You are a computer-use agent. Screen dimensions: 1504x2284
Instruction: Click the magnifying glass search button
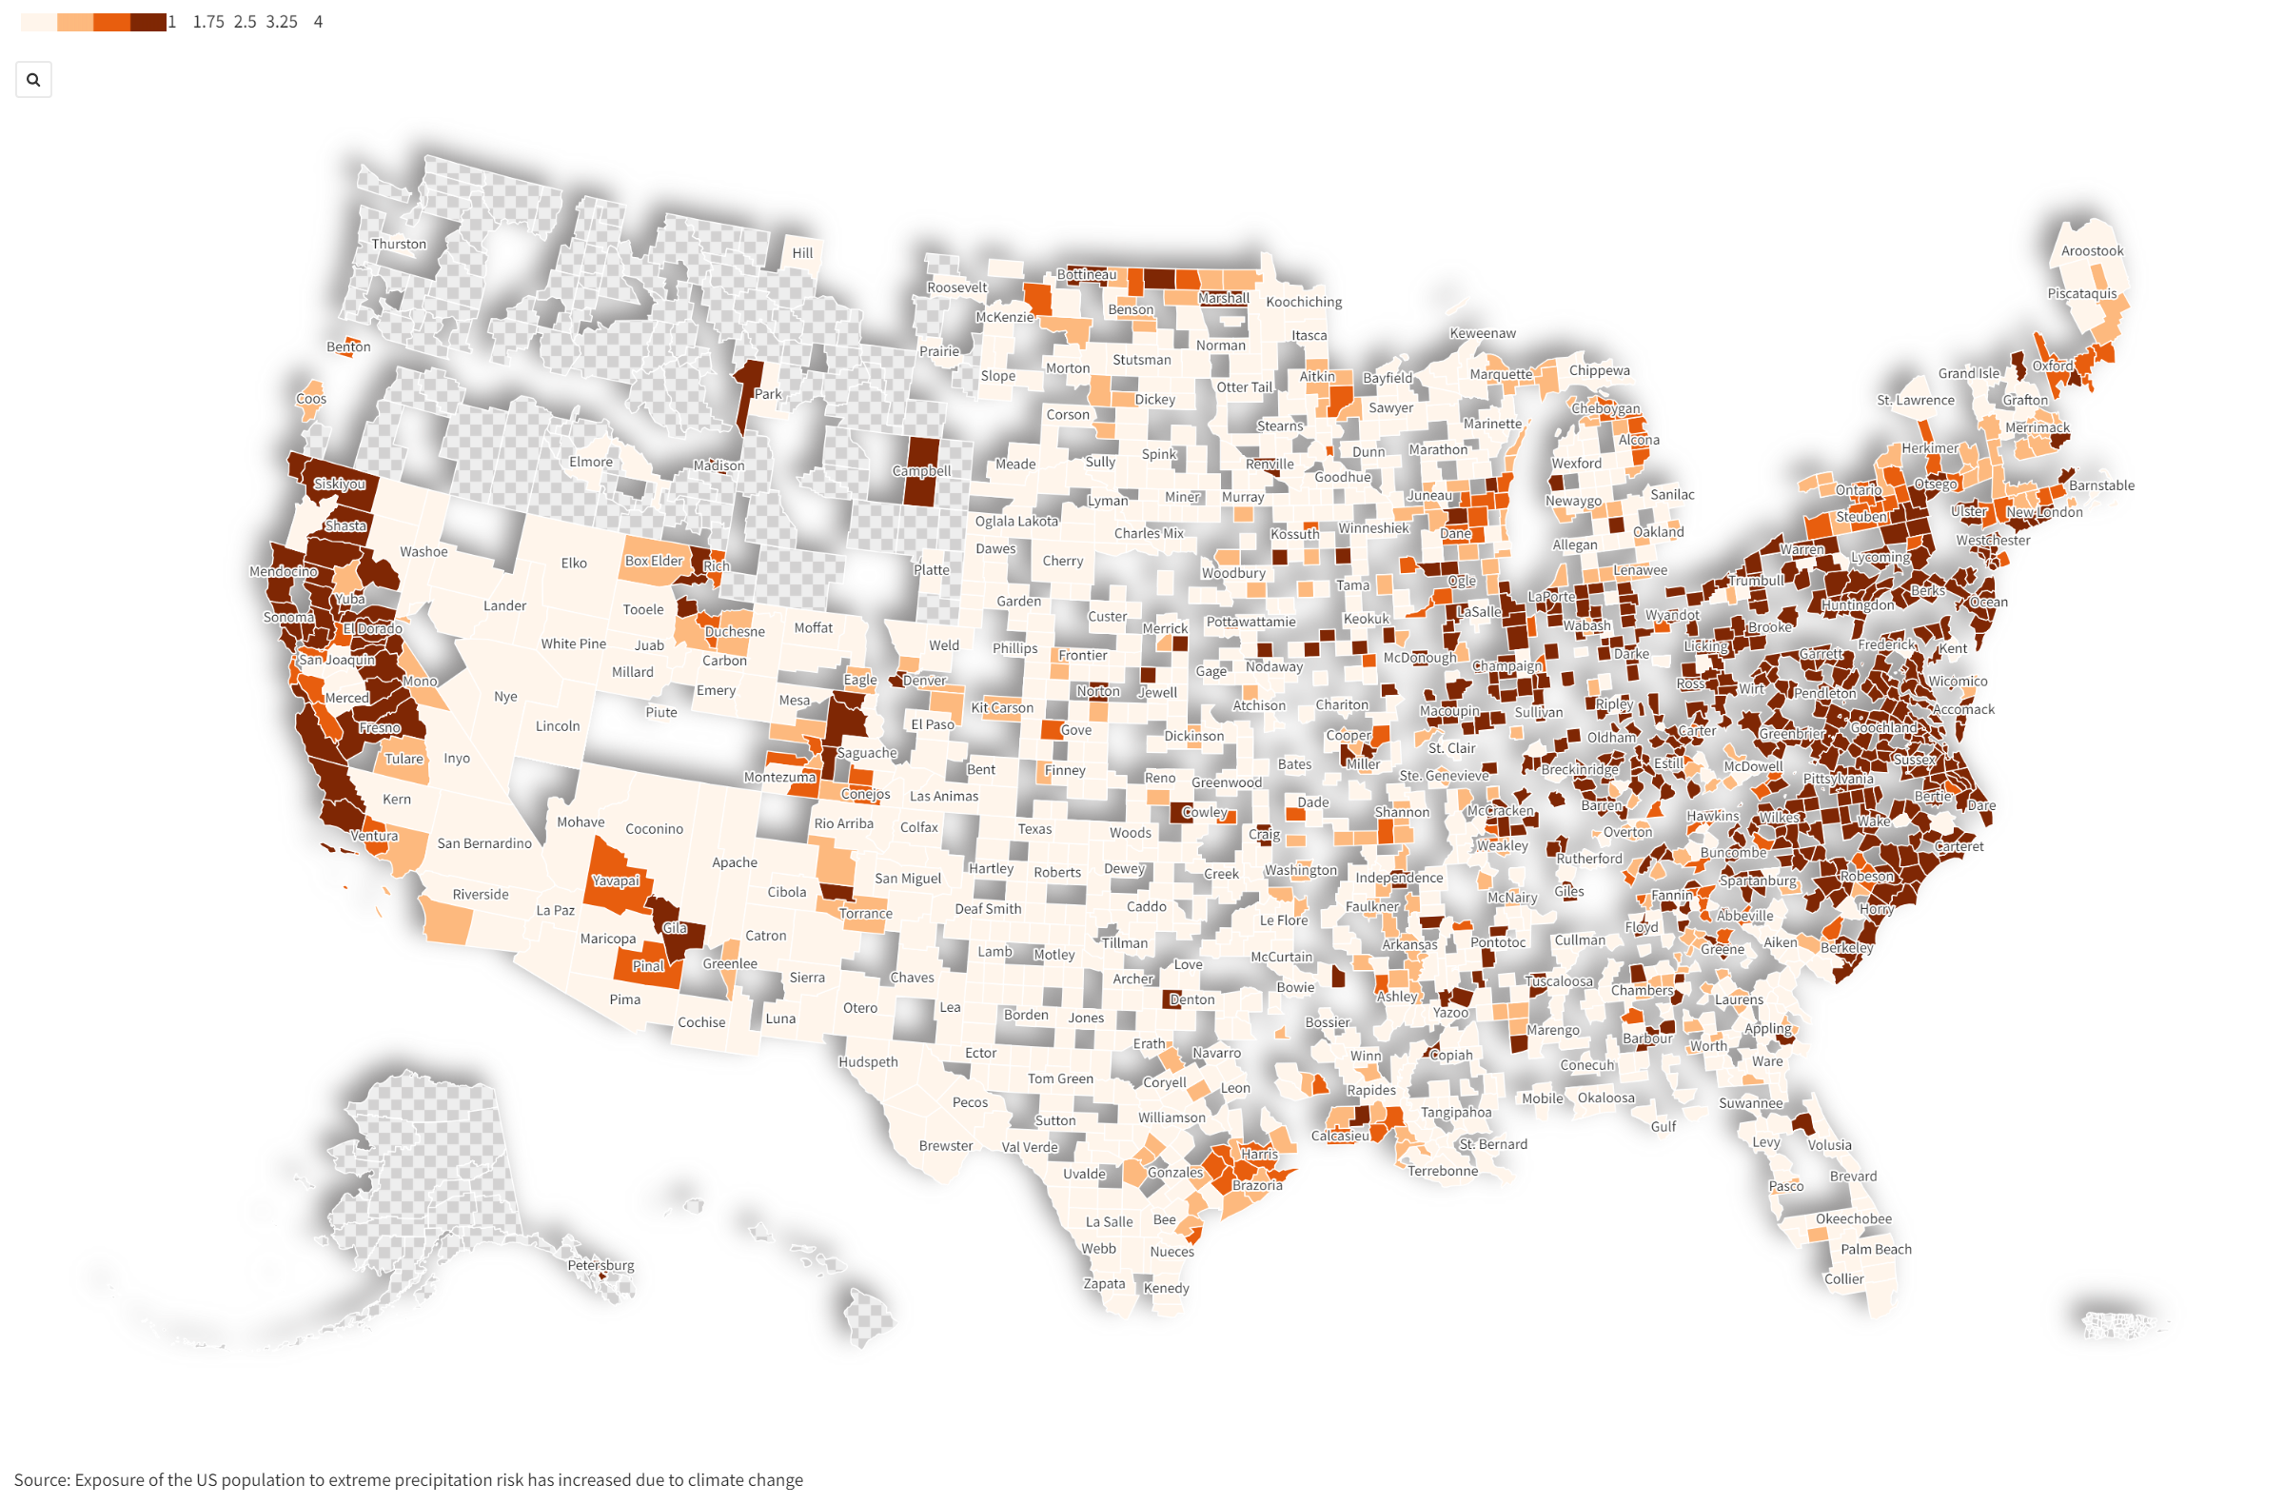pyautogui.click(x=33, y=80)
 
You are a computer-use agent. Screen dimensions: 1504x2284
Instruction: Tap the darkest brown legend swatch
pyautogui.click(x=148, y=22)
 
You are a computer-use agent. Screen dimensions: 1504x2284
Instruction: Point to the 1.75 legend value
pyautogui.click(x=208, y=22)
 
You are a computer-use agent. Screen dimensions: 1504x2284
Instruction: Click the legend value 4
pyautogui.click(x=318, y=22)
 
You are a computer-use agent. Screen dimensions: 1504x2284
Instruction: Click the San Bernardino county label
pyautogui.click(x=483, y=843)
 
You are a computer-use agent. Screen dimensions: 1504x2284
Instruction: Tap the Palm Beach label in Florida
pyautogui.click(x=1875, y=1249)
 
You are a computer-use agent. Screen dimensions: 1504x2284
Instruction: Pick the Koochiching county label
pyautogui.click(x=1303, y=302)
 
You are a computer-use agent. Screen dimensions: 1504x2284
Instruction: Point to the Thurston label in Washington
pyautogui.click(x=398, y=244)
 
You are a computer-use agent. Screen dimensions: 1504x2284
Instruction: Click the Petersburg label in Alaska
pyautogui.click(x=601, y=1265)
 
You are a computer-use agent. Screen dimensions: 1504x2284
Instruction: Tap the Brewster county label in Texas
pyautogui.click(x=945, y=1146)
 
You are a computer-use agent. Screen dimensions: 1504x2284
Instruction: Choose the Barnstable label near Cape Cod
pyautogui.click(x=2100, y=485)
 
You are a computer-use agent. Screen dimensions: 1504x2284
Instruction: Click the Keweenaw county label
pyautogui.click(x=1482, y=333)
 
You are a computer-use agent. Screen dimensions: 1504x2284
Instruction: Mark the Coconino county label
pyautogui.click(x=654, y=829)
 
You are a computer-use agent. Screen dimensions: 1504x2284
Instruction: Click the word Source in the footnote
pyautogui.click(x=40, y=1480)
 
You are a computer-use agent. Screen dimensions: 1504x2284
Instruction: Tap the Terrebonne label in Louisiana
pyautogui.click(x=1442, y=1171)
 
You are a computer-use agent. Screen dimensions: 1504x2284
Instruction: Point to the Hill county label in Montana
pyautogui.click(x=802, y=253)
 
